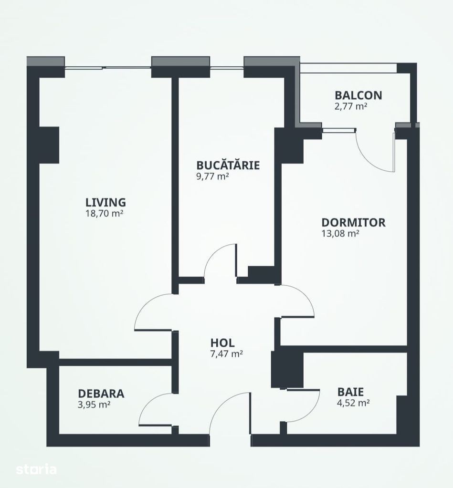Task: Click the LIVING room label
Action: [x=105, y=202]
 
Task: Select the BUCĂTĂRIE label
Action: [x=228, y=165]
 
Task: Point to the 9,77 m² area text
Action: [x=212, y=177]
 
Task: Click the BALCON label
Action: [x=358, y=95]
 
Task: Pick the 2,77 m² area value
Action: [x=351, y=106]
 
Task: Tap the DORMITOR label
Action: [x=353, y=222]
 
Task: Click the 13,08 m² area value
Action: [x=340, y=233]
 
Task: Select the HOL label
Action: [x=222, y=343]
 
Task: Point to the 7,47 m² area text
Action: [x=227, y=354]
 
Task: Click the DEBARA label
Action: [x=101, y=394]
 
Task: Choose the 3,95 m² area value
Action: [x=95, y=405]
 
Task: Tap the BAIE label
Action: [x=350, y=392]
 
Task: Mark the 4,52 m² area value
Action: [x=353, y=403]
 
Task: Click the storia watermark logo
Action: [x=36, y=469]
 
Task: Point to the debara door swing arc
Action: [x=148, y=403]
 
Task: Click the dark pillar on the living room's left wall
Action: [x=49, y=145]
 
